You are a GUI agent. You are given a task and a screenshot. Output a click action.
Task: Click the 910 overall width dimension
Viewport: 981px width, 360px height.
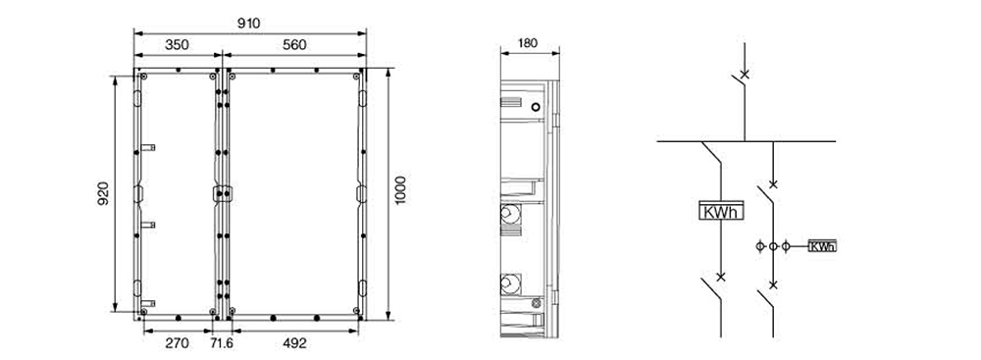pos(249,24)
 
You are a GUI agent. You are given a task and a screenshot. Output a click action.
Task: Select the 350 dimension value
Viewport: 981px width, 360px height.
pos(177,45)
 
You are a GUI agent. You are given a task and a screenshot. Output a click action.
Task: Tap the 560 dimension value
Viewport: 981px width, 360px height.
pos(294,45)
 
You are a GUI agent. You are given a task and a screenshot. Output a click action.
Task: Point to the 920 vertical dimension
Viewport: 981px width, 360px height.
pos(103,193)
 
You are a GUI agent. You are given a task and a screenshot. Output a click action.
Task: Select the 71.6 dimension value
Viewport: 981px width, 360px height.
pos(222,343)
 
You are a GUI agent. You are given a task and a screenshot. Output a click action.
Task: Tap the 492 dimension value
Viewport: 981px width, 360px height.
pos(294,343)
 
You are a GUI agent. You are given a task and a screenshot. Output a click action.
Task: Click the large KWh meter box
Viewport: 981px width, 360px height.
pos(721,210)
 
